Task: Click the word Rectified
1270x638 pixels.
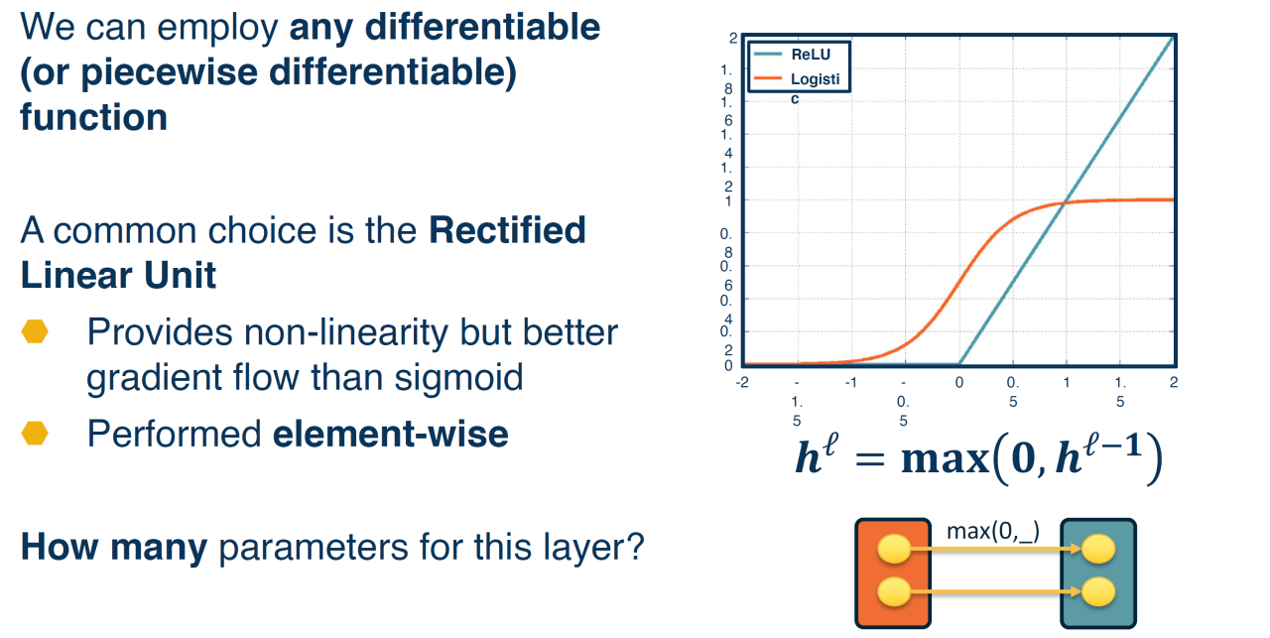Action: pos(507,230)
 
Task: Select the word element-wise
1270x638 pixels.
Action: pos(391,435)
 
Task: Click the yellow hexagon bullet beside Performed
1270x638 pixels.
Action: pos(35,434)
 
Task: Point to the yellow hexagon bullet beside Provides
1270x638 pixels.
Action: pos(35,331)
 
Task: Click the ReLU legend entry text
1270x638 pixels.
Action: pos(811,55)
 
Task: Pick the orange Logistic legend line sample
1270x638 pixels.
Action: pos(768,78)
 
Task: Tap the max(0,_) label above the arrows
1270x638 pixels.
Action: pos(993,531)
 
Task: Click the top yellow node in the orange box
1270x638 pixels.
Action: pos(894,549)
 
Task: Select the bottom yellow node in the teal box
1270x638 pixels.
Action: pos(1098,592)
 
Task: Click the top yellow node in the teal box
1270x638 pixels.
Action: pos(1098,549)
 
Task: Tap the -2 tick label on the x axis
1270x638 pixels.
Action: pos(742,382)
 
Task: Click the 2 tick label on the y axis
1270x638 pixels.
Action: pos(733,38)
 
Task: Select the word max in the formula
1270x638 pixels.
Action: pos(946,459)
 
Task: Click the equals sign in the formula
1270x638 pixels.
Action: pos(870,460)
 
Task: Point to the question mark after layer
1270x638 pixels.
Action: pos(635,547)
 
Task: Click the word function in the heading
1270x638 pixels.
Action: pos(94,117)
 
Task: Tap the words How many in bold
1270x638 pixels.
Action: pos(114,548)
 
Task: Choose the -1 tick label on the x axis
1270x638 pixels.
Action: pos(850,382)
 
